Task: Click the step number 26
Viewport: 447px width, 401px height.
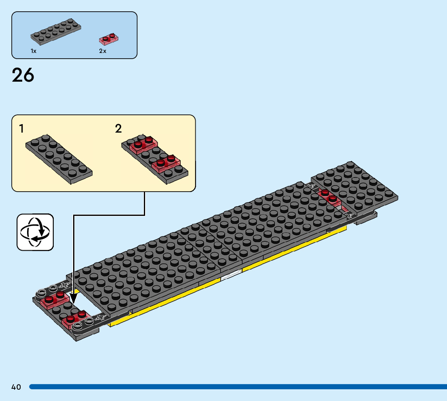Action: pyautogui.click(x=23, y=75)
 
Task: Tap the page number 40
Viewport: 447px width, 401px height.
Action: pyautogui.click(x=16, y=387)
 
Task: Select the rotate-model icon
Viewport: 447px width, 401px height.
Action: pyautogui.click(x=35, y=232)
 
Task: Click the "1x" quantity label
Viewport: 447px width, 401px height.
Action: pyautogui.click(x=34, y=51)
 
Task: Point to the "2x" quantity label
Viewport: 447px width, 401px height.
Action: pyautogui.click(x=103, y=51)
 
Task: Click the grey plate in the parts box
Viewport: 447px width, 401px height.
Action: pyautogui.click(x=56, y=31)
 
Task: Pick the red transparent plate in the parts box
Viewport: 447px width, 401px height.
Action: pyautogui.click(x=109, y=39)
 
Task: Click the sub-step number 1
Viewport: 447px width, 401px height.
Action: pyautogui.click(x=21, y=129)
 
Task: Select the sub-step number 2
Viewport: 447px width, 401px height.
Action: pyautogui.click(x=118, y=129)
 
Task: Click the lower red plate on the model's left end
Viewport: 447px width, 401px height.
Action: pyautogui.click(x=76, y=319)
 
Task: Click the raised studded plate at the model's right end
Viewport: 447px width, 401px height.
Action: pyautogui.click(x=354, y=186)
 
